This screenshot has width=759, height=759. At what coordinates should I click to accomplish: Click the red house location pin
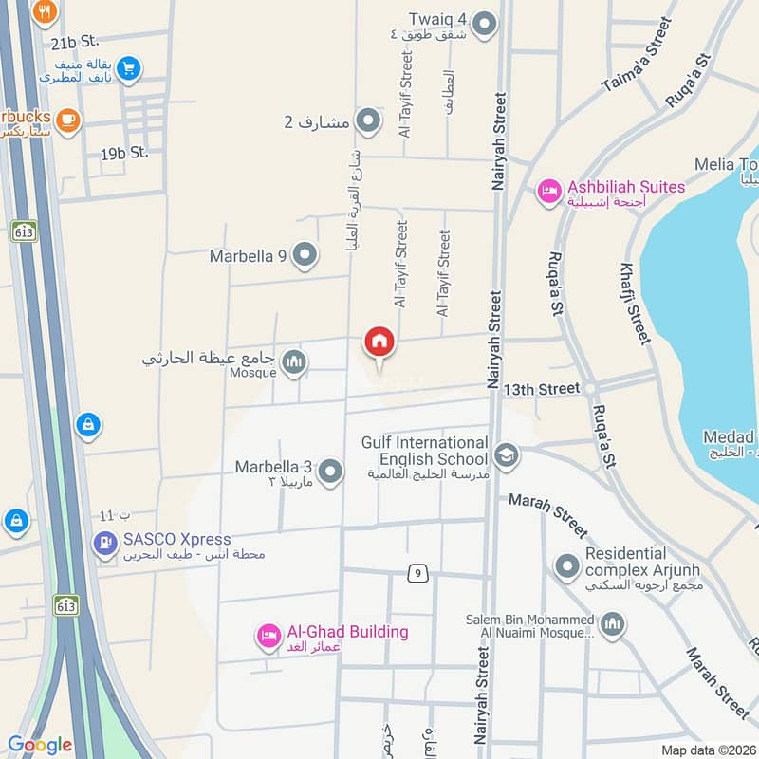(379, 342)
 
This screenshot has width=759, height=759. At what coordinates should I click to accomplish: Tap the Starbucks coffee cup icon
(66, 119)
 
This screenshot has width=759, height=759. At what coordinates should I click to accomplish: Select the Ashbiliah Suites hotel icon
(548, 193)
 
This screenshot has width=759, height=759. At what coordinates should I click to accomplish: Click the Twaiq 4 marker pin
(485, 24)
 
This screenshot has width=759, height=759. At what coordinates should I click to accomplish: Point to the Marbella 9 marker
(305, 254)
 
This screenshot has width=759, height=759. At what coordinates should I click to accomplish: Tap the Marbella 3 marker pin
(330, 471)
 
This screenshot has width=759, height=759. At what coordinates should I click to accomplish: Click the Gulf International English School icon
(507, 455)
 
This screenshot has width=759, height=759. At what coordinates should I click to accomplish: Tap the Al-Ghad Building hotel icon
(268, 636)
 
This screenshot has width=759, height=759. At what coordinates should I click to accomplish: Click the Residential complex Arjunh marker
(567, 566)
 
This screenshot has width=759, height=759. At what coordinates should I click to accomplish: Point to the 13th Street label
(542, 389)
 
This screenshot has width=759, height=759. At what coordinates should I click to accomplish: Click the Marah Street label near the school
(547, 513)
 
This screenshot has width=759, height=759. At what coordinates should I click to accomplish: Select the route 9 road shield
(417, 573)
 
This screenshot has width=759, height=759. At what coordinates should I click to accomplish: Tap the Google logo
(39, 745)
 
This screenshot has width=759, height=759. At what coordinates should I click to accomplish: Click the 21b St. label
(76, 42)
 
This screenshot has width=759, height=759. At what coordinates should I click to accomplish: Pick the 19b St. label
(125, 152)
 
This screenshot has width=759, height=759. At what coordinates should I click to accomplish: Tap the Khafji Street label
(637, 303)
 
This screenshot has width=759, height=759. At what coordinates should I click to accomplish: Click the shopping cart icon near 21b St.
(130, 67)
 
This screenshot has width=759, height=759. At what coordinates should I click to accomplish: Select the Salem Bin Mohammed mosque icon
(612, 624)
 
